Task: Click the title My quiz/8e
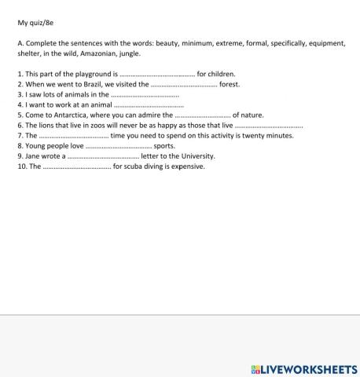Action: click(36, 24)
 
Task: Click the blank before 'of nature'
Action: click(201, 115)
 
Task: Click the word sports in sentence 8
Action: click(164, 146)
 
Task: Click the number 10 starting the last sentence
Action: click(21, 167)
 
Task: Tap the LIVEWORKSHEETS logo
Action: click(303, 368)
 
